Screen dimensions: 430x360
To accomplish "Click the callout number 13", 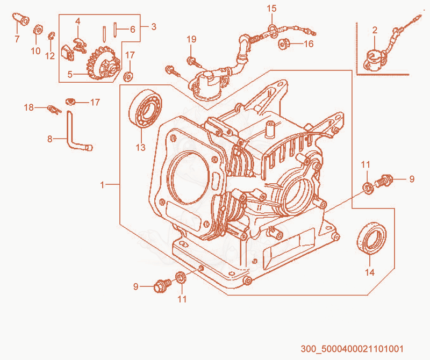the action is coord(140,147).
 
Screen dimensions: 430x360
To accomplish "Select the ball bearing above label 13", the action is coord(145,108).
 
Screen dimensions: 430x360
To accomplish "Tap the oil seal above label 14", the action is coord(372,237).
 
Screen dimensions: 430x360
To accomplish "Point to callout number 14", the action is coord(370,272).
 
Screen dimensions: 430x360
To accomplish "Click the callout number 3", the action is coord(154,26).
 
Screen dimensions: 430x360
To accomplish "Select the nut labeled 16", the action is coord(283,44).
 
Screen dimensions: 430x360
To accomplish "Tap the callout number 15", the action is coord(272,9).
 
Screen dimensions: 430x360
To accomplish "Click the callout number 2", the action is coord(375,30).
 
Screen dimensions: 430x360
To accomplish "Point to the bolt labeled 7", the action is coord(21,19).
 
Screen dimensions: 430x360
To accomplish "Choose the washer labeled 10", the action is coord(38,30).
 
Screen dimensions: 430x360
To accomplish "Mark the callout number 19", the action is coord(192,39).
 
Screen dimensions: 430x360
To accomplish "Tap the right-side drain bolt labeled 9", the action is coord(384,181).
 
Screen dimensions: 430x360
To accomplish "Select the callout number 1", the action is coord(102,185).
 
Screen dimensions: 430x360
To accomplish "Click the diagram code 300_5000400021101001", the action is coord(352,349).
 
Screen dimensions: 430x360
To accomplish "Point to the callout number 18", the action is coord(29,107).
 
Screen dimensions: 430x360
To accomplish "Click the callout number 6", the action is coord(132,29).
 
